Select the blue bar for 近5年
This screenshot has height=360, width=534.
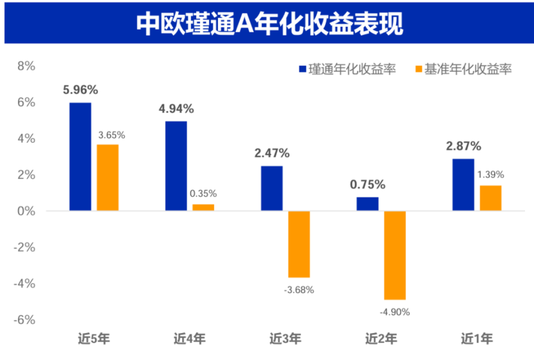click(x=80, y=156)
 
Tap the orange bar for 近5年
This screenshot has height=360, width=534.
click(x=108, y=177)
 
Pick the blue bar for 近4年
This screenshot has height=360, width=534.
click(x=176, y=166)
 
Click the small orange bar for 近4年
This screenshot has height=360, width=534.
click(x=204, y=208)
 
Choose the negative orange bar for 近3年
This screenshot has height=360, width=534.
click(x=299, y=244)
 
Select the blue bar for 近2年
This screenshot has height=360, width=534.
click(x=367, y=204)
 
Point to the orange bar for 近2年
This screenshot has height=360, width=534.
click(x=395, y=255)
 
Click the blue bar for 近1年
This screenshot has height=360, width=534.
click(x=463, y=185)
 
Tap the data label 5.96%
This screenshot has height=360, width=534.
click(x=80, y=90)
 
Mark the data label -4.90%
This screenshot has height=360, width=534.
click(x=395, y=312)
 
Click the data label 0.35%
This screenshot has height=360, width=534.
click(x=204, y=194)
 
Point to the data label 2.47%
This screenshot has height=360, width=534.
click(x=272, y=153)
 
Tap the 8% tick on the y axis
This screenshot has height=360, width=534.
click(x=26, y=66)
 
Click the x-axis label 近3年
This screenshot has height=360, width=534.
click(x=285, y=338)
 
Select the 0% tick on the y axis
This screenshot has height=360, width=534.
click(x=26, y=211)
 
